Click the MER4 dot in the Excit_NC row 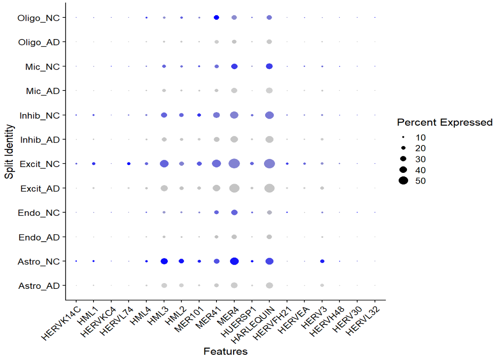(x=234, y=164)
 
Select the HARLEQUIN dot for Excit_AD (x=269, y=188)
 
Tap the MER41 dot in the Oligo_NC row (x=216, y=17)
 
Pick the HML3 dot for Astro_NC (x=164, y=261)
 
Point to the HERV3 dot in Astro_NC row (x=322, y=261)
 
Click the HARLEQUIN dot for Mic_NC (x=269, y=67)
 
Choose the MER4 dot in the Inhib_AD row (x=234, y=139)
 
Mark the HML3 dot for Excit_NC (x=164, y=164)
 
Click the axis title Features (x=225, y=351)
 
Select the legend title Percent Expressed (x=445, y=123)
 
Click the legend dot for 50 (x=404, y=180)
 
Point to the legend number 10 (x=420, y=137)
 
